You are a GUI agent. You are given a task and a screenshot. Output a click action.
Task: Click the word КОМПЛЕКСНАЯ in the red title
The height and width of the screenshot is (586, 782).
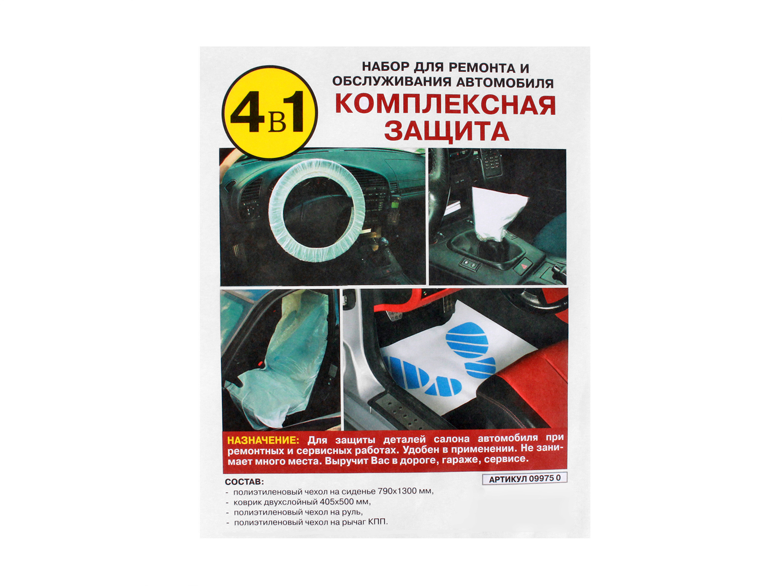pos(445,105)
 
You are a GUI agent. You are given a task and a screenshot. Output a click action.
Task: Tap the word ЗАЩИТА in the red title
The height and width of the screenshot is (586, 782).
pos(446,131)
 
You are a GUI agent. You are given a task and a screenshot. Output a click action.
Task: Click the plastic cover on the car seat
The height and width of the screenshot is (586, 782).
pos(283,361)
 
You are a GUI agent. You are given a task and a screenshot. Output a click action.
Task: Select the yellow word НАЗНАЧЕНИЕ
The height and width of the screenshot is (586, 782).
pos(263,440)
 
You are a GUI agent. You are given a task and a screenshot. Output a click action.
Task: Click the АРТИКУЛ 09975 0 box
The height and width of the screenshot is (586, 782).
pos(524,479)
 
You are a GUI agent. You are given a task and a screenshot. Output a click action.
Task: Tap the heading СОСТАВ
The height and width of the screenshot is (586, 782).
pos(244,482)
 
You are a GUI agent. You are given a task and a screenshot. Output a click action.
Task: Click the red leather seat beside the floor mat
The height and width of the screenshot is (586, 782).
pos(528,386)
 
